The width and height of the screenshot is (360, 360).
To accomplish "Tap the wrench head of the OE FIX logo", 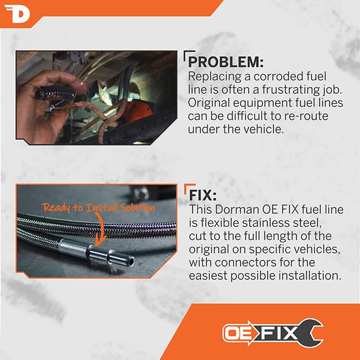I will point(312,332).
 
